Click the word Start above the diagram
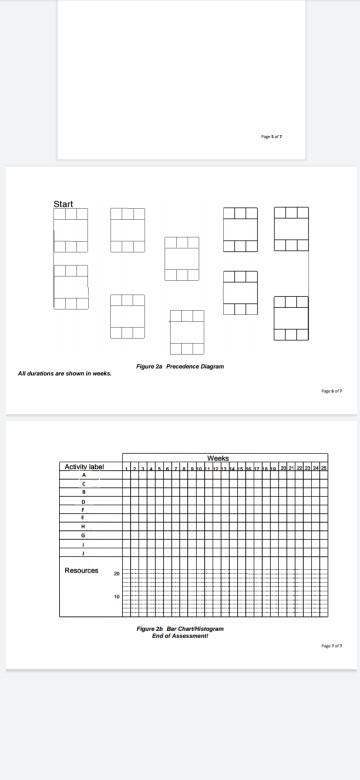[63, 204]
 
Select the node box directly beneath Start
[71, 230]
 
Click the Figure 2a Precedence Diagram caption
[180, 366]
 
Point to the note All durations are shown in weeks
[65, 374]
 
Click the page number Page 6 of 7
[331, 391]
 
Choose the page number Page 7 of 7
[331, 646]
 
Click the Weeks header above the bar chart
[218, 458]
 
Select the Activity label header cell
[84, 467]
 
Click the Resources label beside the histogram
[81, 571]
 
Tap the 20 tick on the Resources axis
[116, 574]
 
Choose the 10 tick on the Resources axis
[116, 597]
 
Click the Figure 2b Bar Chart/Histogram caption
[180, 629]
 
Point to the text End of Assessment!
[180, 636]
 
